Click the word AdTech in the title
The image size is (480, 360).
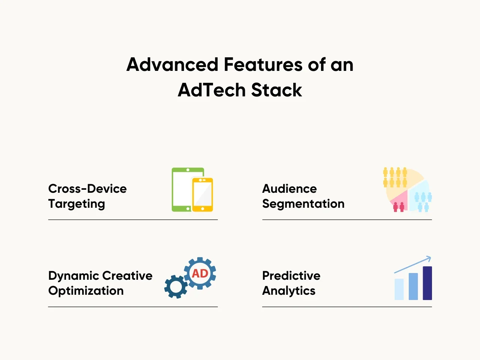(x=211, y=90)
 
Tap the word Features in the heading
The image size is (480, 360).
(x=263, y=64)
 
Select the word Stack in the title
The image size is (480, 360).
(x=277, y=90)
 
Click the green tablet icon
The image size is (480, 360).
(x=182, y=189)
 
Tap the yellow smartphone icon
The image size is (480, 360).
(x=202, y=195)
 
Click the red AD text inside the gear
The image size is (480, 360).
(x=200, y=273)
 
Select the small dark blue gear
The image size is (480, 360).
(x=176, y=287)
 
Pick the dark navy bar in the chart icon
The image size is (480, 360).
(x=427, y=283)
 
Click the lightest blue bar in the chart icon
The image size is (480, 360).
(x=399, y=289)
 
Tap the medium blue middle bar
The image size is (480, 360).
(x=413, y=286)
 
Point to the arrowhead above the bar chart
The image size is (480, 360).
(x=429, y=258)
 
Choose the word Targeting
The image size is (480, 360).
(x=76, y=204)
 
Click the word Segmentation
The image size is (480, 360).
(x=303, y=204)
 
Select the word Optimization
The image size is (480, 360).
(x=86, y=291)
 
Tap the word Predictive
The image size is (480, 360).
(x=291, y=275)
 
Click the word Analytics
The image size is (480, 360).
(x=289, y=291)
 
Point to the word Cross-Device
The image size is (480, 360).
(x=87, y=189)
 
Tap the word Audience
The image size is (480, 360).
(x=289, y=189)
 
